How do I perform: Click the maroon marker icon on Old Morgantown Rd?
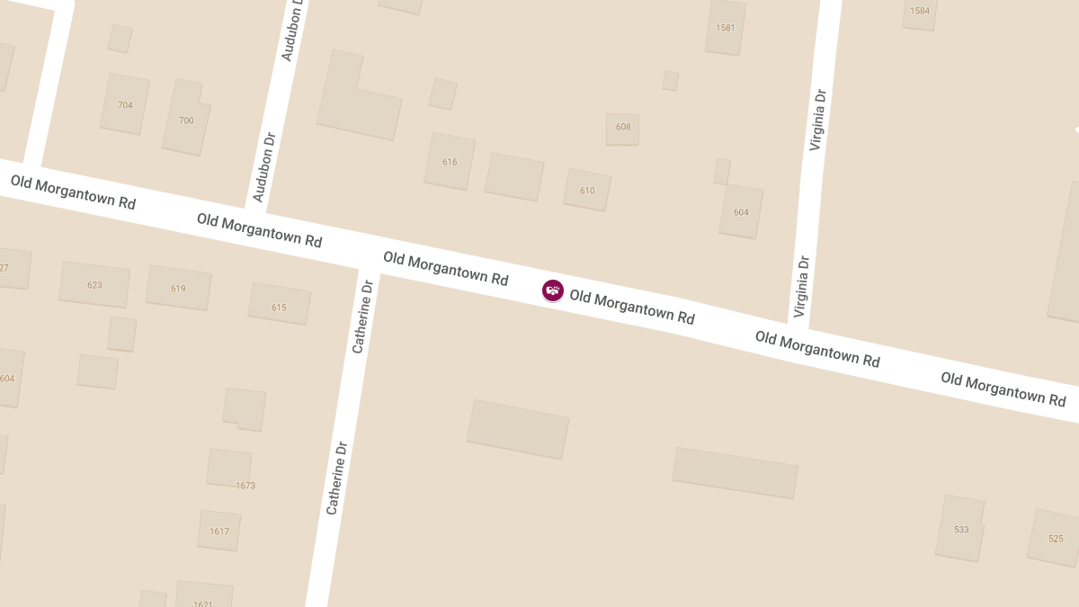(x=552, y=290)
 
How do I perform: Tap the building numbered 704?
(x=125, y=105)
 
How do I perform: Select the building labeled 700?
(x=186, y=120)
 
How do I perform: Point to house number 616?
(x=450, y=162)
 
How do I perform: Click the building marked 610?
(x=587, y=191)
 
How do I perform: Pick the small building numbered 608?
(x=623, y=128)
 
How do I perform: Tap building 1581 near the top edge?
(x=725, y=28)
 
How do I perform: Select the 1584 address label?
(x=919, y=12)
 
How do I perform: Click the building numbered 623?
(x=94, y=285)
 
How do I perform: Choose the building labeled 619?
(x=178, y=289)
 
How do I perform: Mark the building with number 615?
(x=279, y=307)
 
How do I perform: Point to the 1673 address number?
(x=245, y=486)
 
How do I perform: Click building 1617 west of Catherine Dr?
(x=219, y=531)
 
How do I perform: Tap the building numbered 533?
(x=961, y=530)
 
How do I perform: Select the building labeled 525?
(x=1055, y=539)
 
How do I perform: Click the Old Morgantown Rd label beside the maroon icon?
(x=632, y=307)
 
